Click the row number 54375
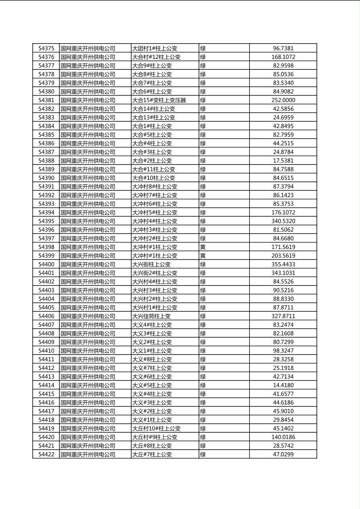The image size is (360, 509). coord(46,48)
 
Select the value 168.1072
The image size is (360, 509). coord(283,57)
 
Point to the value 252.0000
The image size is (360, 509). coord(283,100)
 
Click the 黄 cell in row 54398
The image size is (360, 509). coord(203,247)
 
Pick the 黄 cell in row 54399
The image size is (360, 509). coord(203,256)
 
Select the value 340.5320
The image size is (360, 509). coord(283,221)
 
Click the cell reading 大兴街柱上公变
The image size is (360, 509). coord(151,265)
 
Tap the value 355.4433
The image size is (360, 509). coord(283,265)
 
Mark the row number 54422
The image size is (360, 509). coord(46,455)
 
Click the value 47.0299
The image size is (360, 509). coord(283,455)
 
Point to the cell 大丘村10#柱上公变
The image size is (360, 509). coord(156,429)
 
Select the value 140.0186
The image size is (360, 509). coord(283,437)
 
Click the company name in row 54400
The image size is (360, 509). coord(88,265)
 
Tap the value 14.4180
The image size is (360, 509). coord(283,386)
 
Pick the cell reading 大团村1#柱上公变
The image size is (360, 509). coord(155,48)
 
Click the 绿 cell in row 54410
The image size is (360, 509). coord(203,351)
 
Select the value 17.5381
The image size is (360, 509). coord(283,161)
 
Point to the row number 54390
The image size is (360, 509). coord(46,178)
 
